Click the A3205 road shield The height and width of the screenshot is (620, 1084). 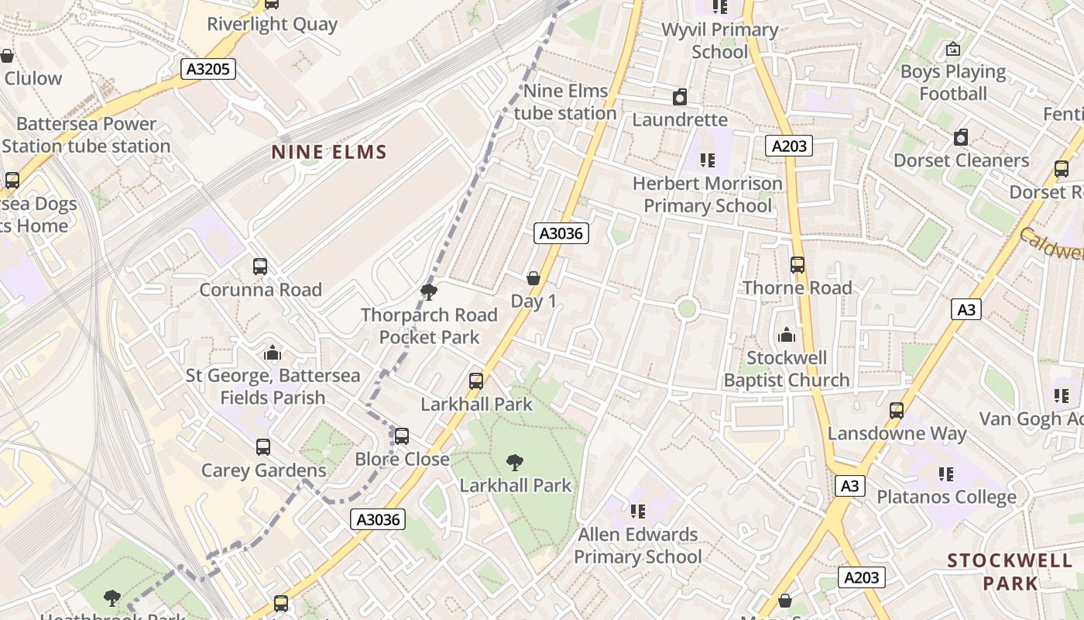point(209,69)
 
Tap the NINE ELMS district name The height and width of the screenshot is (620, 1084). point(329,152)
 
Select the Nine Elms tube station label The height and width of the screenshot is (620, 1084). point(566,102)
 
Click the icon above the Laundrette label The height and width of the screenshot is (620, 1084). point(680,97)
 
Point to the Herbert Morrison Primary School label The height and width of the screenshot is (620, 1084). point(708,195)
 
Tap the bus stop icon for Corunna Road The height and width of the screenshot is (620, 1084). point(260,267)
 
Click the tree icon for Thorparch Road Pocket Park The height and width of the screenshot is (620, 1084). point(428,292)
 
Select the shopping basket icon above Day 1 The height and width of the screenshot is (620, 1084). point(533,278)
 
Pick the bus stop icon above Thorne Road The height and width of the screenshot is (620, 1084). point(798,265)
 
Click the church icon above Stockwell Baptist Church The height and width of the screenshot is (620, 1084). point(787,335)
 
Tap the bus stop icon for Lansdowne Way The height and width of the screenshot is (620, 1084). point(897,410)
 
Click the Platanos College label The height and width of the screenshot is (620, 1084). point(946,497)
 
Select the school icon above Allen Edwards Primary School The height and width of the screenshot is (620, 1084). point(638,511)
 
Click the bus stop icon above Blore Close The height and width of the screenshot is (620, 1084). point(402,436)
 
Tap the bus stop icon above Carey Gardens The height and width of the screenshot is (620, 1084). point(263,447)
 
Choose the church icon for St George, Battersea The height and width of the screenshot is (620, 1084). point(272,353)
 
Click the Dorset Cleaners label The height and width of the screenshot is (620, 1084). point(961,160)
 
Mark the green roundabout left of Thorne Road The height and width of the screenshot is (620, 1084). point(687,308)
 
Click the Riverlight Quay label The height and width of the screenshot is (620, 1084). point(272,24)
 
